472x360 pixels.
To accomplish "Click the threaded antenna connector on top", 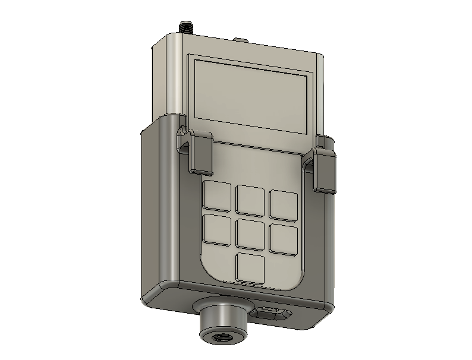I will click(186, 27).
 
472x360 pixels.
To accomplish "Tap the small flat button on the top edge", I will click(241, 40).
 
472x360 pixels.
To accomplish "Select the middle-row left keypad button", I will click(216, 229).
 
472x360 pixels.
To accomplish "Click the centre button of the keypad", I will click(250, 233).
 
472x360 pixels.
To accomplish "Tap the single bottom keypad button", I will click(250, 267).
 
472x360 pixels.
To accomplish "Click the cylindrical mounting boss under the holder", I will click(224, 324).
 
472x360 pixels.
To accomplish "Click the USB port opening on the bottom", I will click(271, 313).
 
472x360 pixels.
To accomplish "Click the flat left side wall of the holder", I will click(159, 208).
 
